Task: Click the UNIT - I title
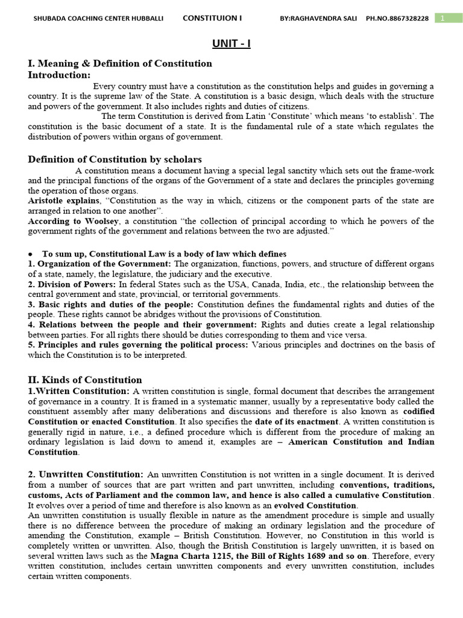click(231, 43)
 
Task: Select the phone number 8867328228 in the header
click(409, 19)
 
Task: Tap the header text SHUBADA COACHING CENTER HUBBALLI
click(98, 19)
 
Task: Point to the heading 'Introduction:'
click(59, 75)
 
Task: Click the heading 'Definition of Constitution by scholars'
click(115, 159)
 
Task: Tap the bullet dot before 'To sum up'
click(30, 254)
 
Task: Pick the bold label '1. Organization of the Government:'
click(99, 264)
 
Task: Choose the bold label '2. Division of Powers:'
click(72, 284)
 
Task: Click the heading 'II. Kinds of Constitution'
click(85, 380)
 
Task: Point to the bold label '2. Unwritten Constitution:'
click(86, 474)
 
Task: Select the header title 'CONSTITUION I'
click(212, 18)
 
